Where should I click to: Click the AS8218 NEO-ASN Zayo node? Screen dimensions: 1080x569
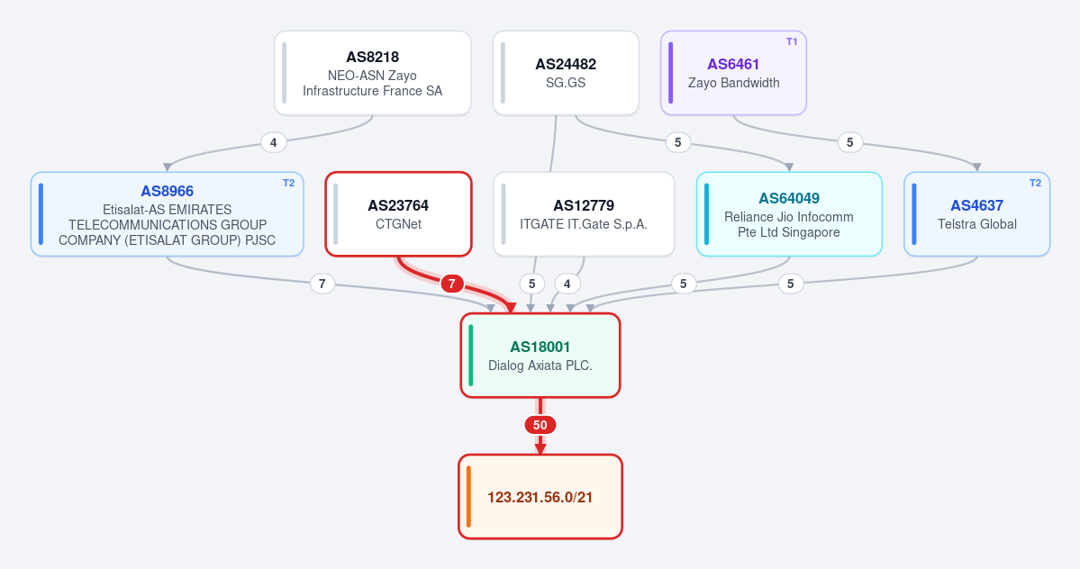(x=373, y=73)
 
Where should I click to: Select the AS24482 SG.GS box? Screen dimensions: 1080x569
(x=566, y=73)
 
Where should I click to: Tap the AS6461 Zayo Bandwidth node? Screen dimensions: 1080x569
(x=733, y=73)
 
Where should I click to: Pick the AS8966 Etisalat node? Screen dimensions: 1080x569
(x=168, y=214)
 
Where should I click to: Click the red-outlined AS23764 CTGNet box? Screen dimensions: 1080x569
(x=399, y=214)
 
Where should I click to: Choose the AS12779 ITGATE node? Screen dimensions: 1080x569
(x=584, y=214)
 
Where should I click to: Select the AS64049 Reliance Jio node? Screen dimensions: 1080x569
(x=789, y=214)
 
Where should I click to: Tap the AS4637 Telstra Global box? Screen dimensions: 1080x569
(x=976, y=214)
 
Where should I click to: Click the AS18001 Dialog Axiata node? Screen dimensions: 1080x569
(x=540, y=356)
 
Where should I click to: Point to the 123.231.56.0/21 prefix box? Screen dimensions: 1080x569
(x=540, y=497)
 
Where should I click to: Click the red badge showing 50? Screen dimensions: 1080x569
(x=540, y=425)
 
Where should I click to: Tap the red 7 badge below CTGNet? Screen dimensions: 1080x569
(x=452, y=284)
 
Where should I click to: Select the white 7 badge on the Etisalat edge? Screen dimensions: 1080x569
(x=322, y=284)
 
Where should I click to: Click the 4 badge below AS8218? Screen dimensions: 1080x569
(x=274, y=142)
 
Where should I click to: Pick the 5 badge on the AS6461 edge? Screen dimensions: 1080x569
(x=850, y=142)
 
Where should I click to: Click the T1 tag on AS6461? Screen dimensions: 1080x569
(x=792, y=42)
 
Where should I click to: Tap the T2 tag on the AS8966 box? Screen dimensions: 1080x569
(x=288, y=183)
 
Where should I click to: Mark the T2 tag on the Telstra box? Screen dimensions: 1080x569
(x=1035, y=183)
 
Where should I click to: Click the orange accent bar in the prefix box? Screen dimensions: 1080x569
(x=469, y=497)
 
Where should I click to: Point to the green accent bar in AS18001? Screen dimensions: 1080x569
(x=471, y=356)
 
